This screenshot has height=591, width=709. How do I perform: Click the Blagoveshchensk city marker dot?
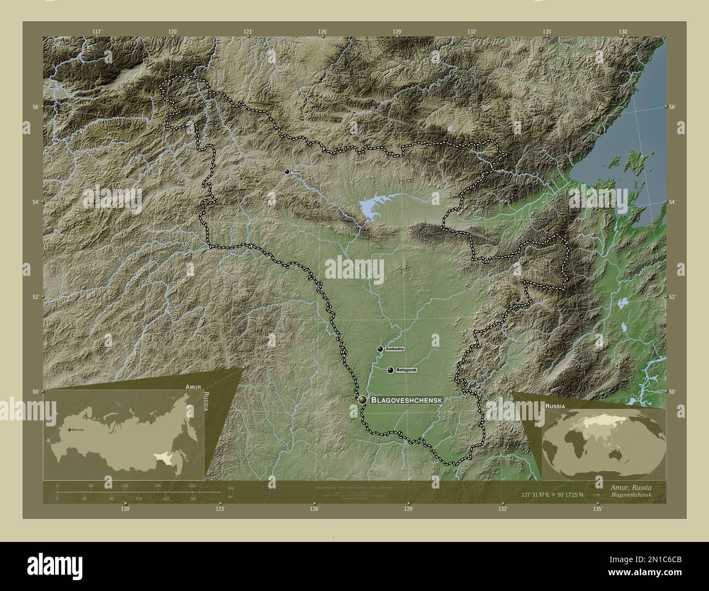pyautogui.click(x=363, y=400)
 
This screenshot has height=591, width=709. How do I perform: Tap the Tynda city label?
pyautogui.click(x=296, y=171)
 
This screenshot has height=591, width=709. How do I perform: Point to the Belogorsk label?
pyautogui.click(x=407, y=370)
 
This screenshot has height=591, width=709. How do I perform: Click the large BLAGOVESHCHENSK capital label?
pyautogui.click(x=406, y=400)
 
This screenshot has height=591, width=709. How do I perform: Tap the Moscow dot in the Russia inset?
pyautogui.click(x=69, y=430)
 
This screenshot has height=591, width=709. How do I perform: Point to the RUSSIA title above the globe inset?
pyautogui.click(x=554, y=407)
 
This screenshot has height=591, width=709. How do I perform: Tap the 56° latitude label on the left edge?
pyautogui.click(x=35, y=107)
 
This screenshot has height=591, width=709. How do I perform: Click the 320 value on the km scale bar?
pyautogui.click(x=191, y=485)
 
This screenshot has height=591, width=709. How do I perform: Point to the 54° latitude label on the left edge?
pyautogui.click(x=35, y=202)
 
